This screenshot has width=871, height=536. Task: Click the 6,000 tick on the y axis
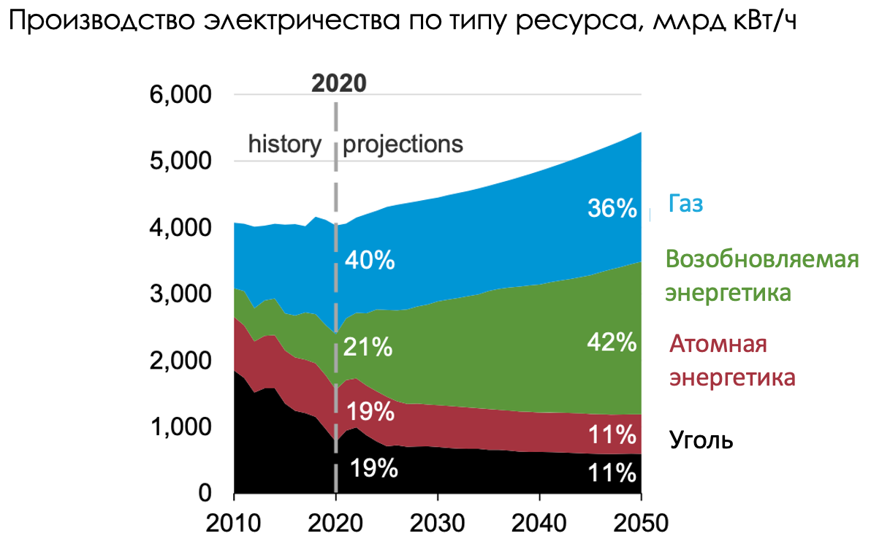point(186,96)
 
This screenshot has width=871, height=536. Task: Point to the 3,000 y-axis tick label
point(186,295)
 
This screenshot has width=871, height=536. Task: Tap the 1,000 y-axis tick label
point(186,427)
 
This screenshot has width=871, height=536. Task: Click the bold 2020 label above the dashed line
point(338,83)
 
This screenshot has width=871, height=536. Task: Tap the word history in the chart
point(284,143)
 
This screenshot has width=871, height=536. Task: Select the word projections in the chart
point(403,144)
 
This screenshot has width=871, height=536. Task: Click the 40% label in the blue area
point(369,260)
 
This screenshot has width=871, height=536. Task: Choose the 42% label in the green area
point(612,342)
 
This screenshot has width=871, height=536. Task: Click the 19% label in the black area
point(373,468)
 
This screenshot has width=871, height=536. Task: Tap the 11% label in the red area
point(612,436)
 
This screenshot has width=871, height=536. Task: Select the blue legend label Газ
point(685,204)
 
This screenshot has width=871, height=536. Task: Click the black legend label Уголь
point(701,440)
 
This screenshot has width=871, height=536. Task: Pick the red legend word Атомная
point(718,343)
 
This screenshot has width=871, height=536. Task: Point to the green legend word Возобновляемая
point(761,259)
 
